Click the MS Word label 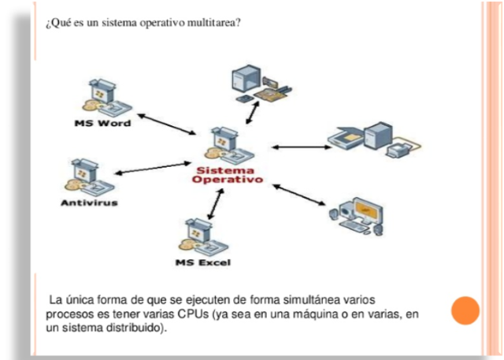pos(102,124)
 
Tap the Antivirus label pos(89,203)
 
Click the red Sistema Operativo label pos(226,174)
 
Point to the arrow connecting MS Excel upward pos(210,205)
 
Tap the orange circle pos(465,310)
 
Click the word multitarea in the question pos(213,21)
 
